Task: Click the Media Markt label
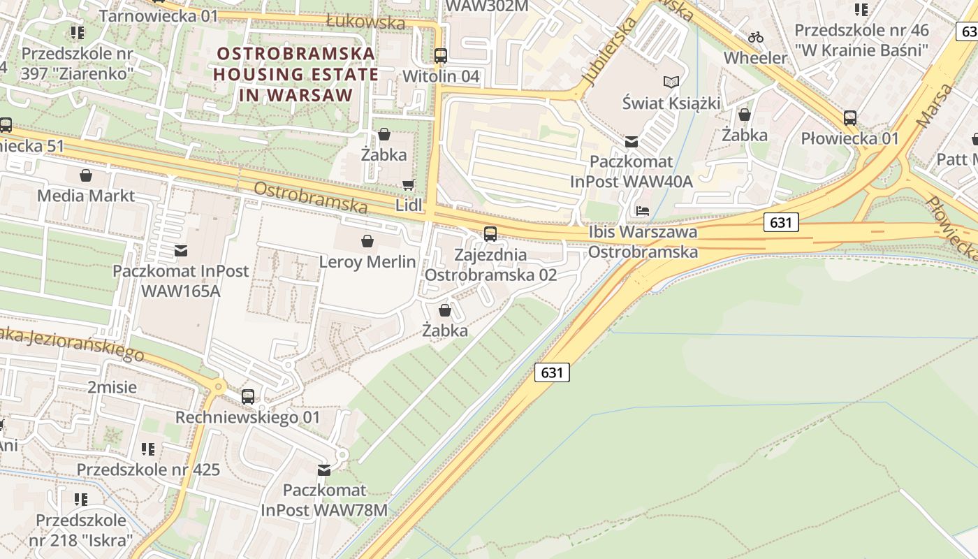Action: pos(86,195)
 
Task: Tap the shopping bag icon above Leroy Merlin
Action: pos(367,242)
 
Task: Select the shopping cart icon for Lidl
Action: pos(408,184)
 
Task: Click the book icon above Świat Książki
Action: pos(671,82)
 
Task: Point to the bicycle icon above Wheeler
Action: pos(755,37)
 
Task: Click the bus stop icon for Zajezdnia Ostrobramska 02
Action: pos(490,234)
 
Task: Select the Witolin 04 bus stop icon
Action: pos(441,56)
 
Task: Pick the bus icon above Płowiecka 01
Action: pos(850,117)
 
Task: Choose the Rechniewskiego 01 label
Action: pos(247,417)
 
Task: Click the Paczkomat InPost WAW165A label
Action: pos(181,281)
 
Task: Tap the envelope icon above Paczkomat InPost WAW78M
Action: pos(324,470)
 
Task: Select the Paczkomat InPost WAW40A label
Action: pos(632,172)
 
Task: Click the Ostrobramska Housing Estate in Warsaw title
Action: pos(296,74)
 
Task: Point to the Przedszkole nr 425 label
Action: pos(148,470)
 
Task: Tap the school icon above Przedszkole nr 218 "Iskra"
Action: pos(81,499)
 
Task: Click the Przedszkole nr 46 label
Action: pos(861,40)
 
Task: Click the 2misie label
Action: pos(112,387)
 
